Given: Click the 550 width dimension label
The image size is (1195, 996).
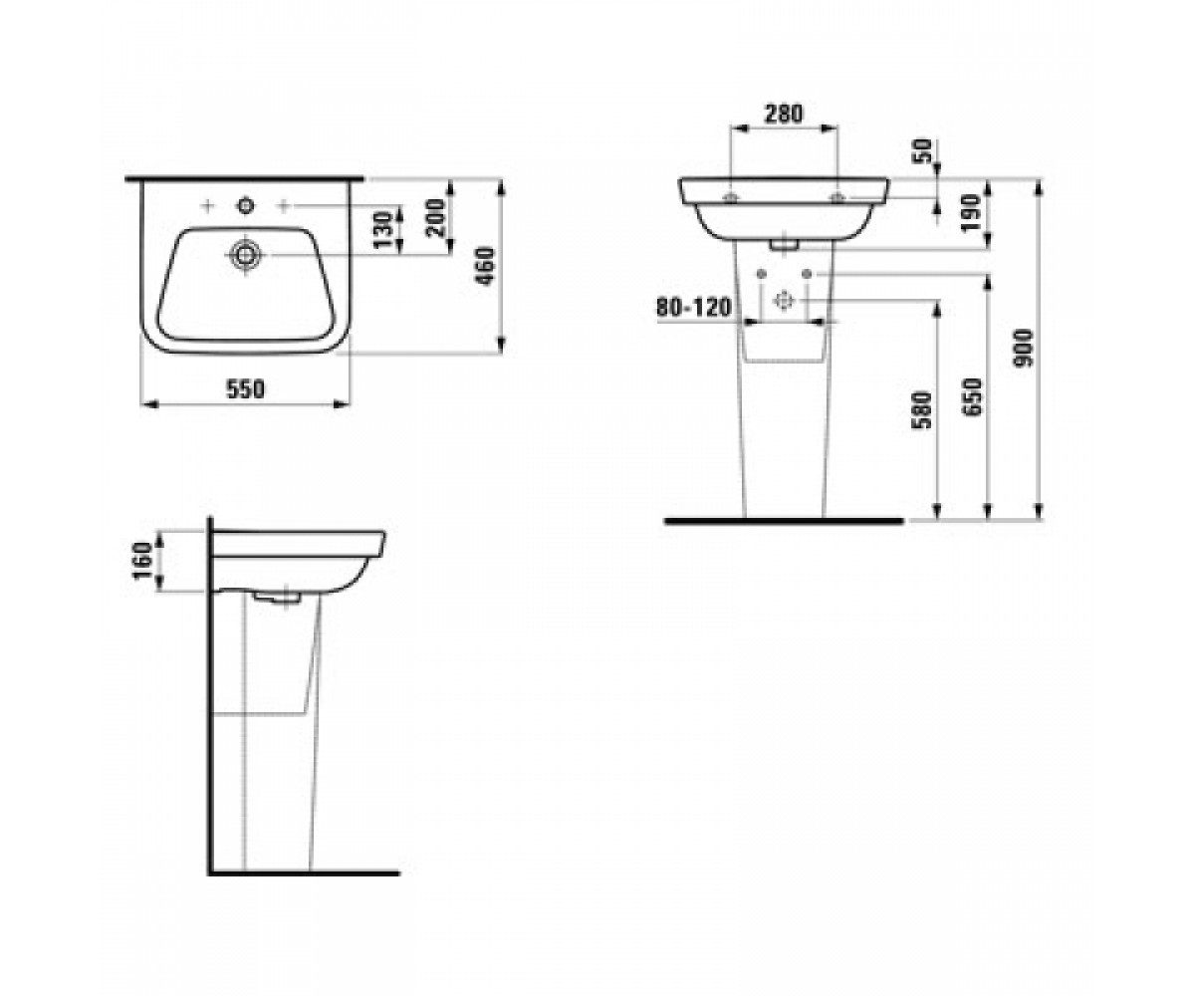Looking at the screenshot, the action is pos(246,389).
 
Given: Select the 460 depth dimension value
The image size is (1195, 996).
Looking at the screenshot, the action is pos(485,266).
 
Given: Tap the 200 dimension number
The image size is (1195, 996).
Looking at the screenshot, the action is pos(436,217).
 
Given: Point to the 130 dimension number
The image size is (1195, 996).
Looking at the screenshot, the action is pos(382,231).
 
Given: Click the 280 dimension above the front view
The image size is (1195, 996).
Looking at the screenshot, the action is pos(784,114).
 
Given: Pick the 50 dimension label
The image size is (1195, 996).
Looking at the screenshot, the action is pos(923,151).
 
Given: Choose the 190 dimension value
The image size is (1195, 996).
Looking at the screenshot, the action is pos(971,213).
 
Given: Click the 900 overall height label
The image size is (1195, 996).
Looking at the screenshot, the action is pos(1024,348).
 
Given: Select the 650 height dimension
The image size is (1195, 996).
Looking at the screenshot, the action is pos(973,396).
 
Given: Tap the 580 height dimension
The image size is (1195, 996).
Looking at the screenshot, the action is pos(922,409).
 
